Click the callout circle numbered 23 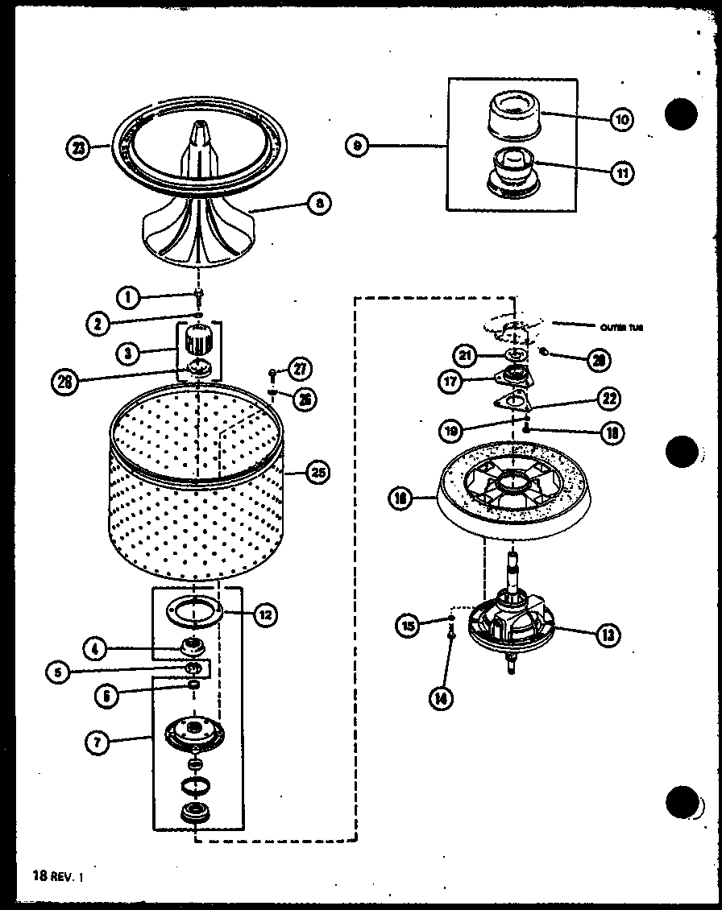[78, 148]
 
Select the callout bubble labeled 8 [319, 205]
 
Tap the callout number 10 [621, 119]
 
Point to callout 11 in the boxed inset [621, 172]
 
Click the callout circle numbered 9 [357, 146]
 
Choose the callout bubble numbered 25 [318, 473]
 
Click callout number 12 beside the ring [264, 615]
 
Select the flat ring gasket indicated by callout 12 [194, 610]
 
